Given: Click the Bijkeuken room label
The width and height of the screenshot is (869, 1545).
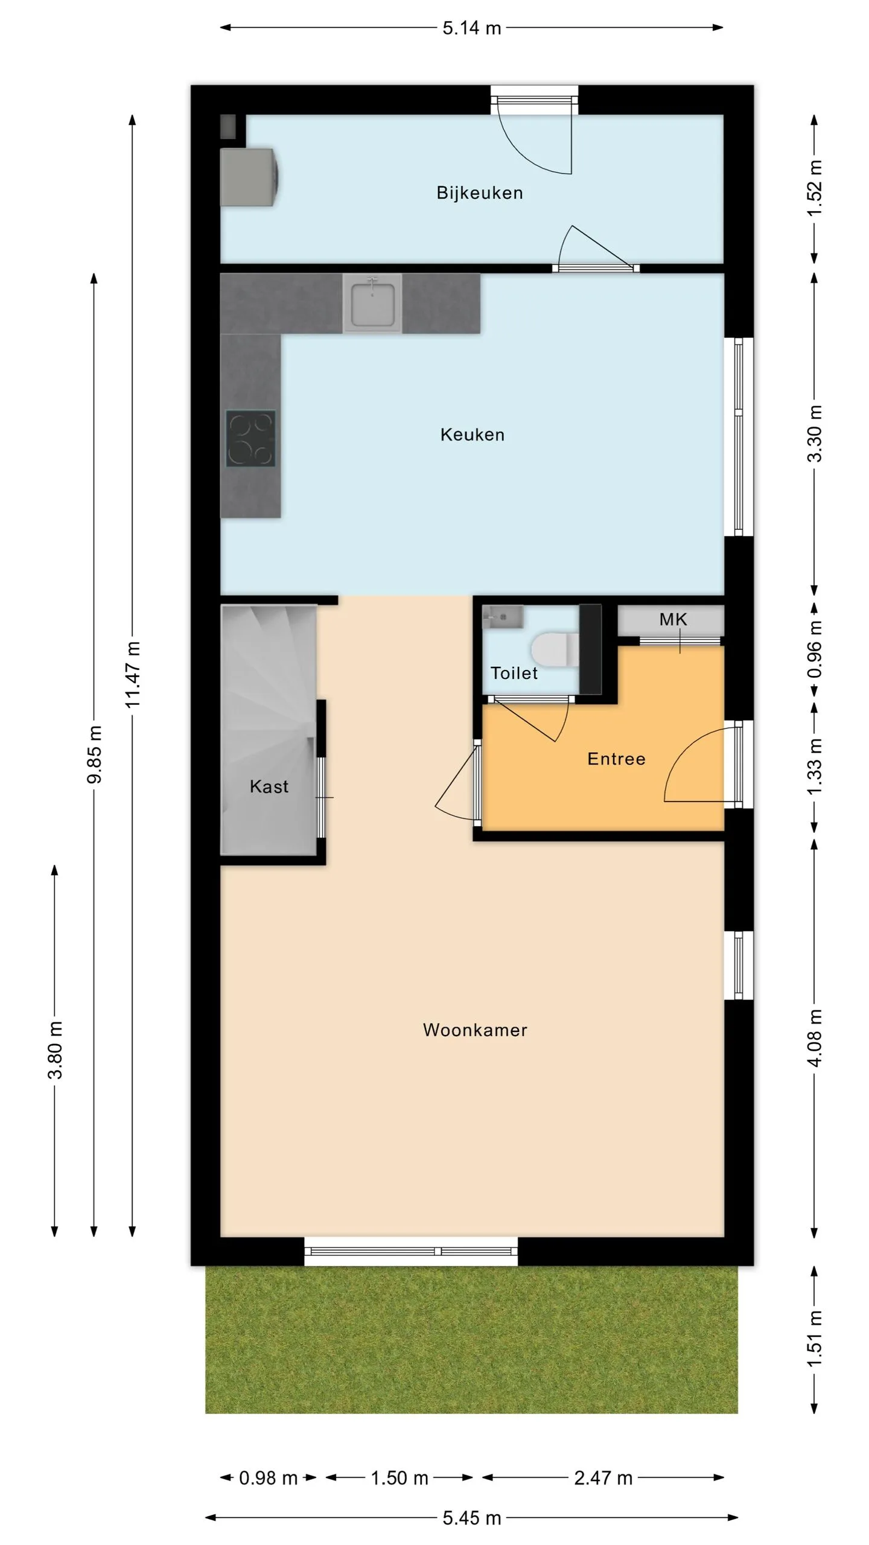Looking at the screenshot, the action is tap(479, 193).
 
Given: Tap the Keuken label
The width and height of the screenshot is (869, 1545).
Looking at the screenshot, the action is tap(472, 435).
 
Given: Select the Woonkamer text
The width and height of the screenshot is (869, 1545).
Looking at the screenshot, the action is tap(475, 1030).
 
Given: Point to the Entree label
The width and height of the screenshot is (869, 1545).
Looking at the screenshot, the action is tap(616, 759).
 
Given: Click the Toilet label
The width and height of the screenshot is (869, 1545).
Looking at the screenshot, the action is tap(514, 673).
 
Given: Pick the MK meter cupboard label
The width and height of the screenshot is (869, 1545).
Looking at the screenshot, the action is tap(673, 619).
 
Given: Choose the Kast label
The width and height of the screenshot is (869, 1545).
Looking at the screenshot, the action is tap(269, 786).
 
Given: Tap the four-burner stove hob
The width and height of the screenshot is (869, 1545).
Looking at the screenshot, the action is tap(251, 439).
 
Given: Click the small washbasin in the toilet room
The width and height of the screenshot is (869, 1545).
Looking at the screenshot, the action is tap(503, 617).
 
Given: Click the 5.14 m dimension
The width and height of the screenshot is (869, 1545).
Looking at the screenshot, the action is tap(472, 28).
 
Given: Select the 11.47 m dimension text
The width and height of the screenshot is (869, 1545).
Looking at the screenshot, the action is tap(132, 675).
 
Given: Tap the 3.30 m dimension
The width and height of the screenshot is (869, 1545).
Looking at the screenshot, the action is tap(815, 433).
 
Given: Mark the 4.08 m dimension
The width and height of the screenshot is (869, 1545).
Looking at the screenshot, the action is tap(815, 1038).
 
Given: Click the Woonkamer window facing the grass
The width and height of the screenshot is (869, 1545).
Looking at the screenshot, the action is tap(411, 1251).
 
